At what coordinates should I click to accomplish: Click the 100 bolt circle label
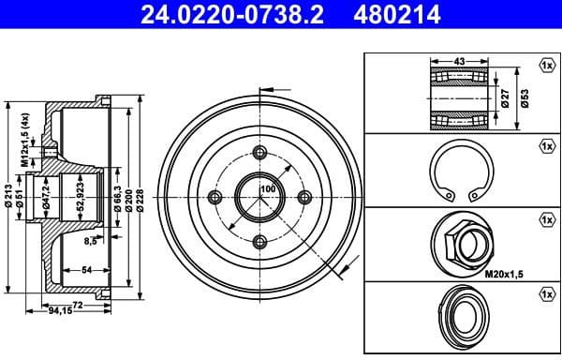[x=268, y=189]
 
